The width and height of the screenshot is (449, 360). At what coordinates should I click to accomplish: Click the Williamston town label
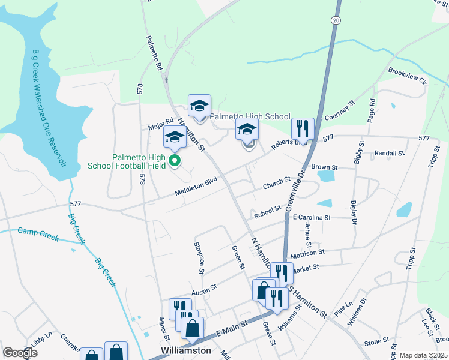(x=186, y=350)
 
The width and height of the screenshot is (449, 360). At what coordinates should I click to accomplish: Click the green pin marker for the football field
(x=175, y=160)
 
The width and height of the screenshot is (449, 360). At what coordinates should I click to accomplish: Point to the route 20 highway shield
(x=334, y=20)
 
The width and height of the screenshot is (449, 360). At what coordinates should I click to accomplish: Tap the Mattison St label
(x=307, y=254)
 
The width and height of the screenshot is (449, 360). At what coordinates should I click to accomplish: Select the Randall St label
(x=389, y=154)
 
